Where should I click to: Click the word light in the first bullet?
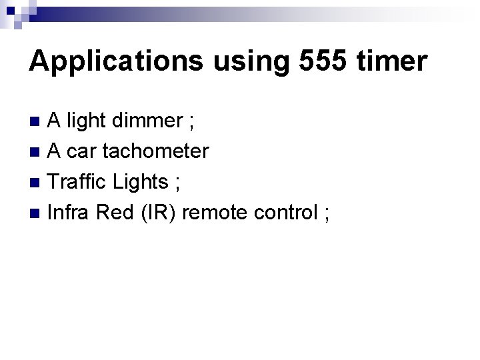pyautogui.click(x=87, y=121)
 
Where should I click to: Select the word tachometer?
pyautogui.click(x=160, y=151)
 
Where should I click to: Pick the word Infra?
pyautogui.click(x=69, y=213)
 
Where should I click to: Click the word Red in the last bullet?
pyautogui.click(x=115, y=213)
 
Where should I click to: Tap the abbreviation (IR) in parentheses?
pyautogui.click(x=157, y=213)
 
